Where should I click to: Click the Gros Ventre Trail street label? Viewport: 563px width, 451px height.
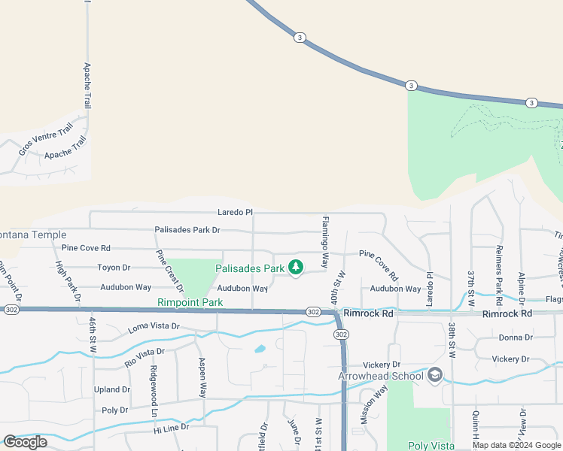[x=46, y=136]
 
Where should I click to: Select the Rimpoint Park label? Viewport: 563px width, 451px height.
[x=190, y=302]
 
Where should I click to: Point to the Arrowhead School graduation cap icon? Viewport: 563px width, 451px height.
[x=434, y=374]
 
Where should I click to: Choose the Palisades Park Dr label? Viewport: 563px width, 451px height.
[x=187, y=230]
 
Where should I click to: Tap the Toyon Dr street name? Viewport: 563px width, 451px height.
[x=114, y=268]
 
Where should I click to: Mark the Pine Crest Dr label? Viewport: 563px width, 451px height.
[x=169, y=271]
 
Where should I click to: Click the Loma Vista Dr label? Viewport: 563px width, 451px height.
[x=154, y=327]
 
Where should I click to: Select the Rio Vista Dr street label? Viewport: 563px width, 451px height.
[x=145, y=357]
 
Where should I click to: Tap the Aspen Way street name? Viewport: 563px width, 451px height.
[x=202, y=378]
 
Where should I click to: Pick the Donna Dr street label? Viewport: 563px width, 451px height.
[x=515, y=337]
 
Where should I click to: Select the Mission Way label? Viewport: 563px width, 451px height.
[x=374, y=405]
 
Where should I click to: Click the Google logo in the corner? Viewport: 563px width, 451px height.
[x=25, y=442]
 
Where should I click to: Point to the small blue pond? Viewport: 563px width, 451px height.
[x=259, y=349]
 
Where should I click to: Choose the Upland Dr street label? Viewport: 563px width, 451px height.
[x=111, y=390]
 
